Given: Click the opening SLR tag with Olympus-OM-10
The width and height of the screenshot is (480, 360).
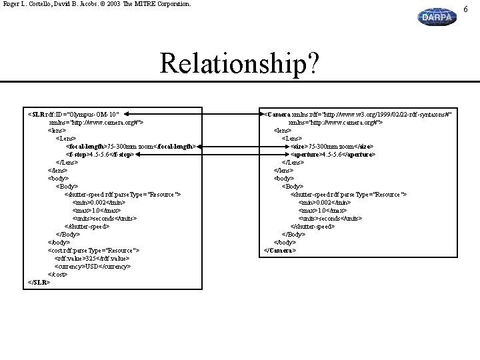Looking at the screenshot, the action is (74, 114).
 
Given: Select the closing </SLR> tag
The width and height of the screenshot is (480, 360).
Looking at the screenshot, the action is (39, 282).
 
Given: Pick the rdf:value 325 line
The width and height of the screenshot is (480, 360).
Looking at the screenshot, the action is (93, 258).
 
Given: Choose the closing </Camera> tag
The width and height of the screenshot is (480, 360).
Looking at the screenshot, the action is (280, 250).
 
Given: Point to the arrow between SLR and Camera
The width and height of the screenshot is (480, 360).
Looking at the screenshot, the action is (193, 114).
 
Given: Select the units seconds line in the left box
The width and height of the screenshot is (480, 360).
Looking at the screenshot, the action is (105, 218).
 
